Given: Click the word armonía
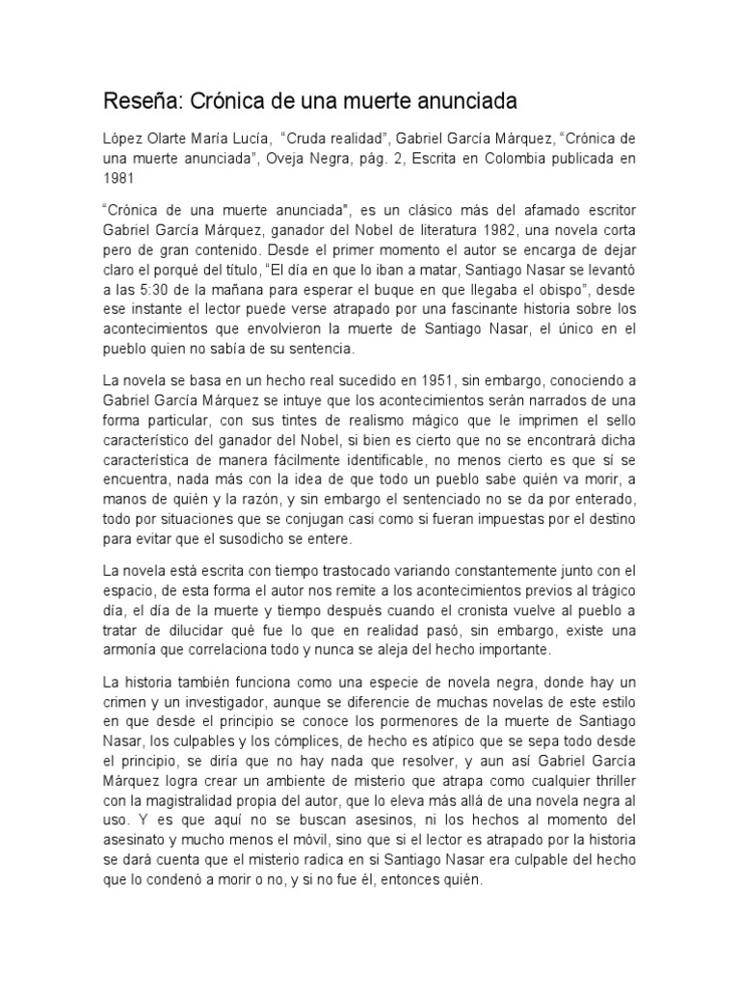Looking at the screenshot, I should pyautogui.click(x=135, y=649).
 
